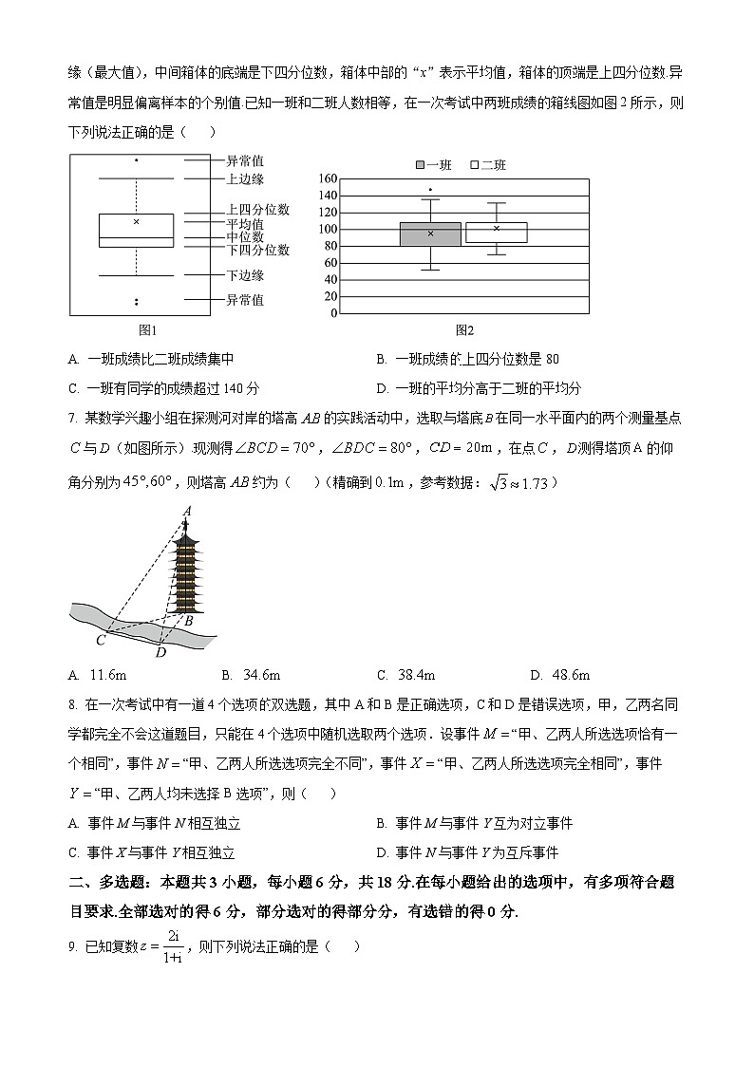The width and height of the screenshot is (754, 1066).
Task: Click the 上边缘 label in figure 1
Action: point(245,178)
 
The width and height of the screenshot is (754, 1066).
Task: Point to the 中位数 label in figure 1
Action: point(245,236)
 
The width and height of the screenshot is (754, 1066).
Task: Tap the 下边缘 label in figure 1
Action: point(245,275)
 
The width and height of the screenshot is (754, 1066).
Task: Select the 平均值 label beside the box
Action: point(245,224)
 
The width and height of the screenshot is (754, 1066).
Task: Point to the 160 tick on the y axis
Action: point(328,178)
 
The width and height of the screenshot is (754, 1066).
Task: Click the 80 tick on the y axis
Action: point(331,246)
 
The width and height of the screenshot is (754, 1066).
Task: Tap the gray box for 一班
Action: point(430,234)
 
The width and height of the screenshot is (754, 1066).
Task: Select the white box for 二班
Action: point(496,233)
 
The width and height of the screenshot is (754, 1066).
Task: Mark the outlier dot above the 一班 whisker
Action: point(430,189)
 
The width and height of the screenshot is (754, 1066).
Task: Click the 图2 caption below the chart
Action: point(464,330)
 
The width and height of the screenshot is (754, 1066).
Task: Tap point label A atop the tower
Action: point(187,511)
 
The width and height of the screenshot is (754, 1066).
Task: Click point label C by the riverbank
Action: point(100,640)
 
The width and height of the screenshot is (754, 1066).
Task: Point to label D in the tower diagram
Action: point(160,652)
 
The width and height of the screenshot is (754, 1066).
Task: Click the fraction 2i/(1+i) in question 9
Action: point(173,946)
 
